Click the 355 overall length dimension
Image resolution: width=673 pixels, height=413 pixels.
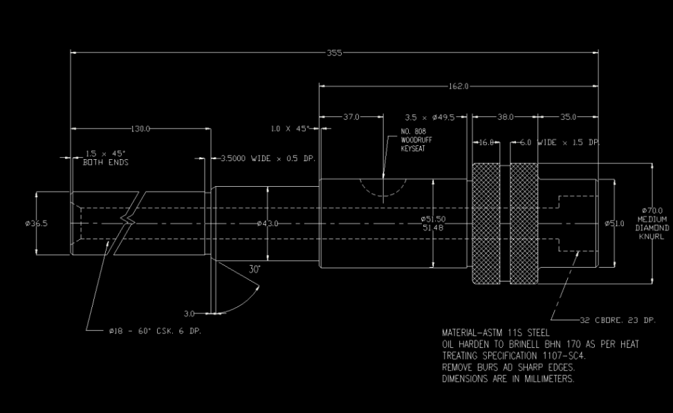coord(335,53)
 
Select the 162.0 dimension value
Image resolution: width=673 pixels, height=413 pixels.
coord(458,86)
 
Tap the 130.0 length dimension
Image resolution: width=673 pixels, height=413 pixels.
coord(140,129)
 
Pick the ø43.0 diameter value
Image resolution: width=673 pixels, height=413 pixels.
coord(267,223)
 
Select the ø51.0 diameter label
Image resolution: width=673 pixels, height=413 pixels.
coord(614,223)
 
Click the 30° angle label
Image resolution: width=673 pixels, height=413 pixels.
coord(255,269)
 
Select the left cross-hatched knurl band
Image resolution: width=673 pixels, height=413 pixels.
coord(486,223)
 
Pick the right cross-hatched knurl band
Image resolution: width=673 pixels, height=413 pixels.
coord(524,223)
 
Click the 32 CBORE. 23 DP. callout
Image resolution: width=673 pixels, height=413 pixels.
coord(618,320)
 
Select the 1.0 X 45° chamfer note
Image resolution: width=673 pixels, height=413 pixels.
coord(290,128)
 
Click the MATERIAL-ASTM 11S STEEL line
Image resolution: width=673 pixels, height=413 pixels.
coord(495,333)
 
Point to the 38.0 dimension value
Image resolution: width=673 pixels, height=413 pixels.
coord(506,117)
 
